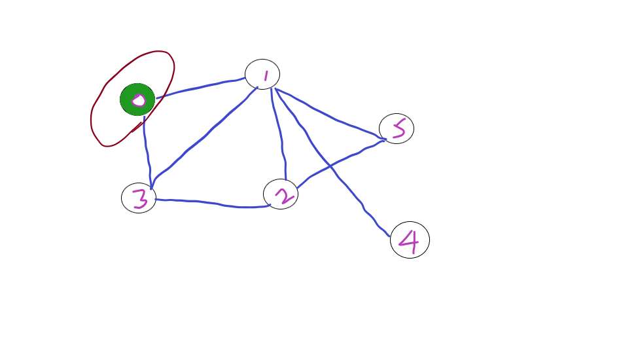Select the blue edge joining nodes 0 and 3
(147, 151)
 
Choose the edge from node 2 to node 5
(340, 160)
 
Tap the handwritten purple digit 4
(409, 242)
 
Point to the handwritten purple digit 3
(140, 199)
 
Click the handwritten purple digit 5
(397, 128)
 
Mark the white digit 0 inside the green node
(138, 100)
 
